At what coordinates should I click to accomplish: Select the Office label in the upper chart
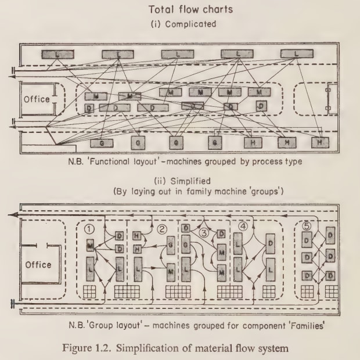37,99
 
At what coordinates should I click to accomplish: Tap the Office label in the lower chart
38,265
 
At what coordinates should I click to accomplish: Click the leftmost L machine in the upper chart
57,54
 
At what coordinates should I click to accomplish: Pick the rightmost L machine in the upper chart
297,54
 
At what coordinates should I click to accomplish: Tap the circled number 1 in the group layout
89,229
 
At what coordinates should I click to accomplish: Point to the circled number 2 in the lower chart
162,228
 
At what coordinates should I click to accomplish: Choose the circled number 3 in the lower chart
203,233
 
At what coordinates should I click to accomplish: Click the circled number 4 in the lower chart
243,226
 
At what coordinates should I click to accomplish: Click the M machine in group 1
90,247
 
